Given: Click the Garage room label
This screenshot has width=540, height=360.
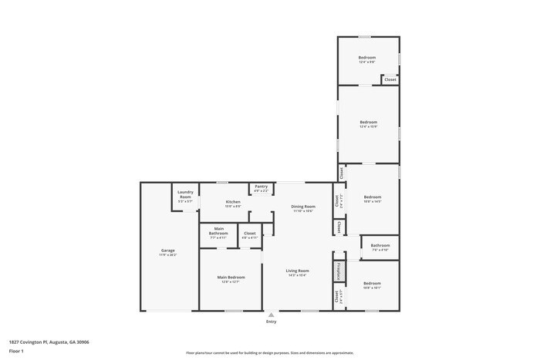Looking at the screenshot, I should [x=168, y=251].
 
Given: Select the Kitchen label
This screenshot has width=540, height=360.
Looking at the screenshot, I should [x=233, y=202].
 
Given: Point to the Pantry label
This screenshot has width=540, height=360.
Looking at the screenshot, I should [x=262, y=187].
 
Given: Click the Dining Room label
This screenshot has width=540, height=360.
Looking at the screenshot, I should [x=303, y=207].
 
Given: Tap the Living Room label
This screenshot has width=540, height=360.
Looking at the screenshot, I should [x=298, y=271].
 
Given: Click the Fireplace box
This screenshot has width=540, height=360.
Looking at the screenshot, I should [x=337, y=271].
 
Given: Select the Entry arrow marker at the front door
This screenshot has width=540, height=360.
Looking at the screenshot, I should [x=271, y=315].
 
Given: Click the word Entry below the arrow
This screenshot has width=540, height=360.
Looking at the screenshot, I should [x=271, y=321].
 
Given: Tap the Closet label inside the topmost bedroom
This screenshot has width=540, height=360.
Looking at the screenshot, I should [x=390, y=79].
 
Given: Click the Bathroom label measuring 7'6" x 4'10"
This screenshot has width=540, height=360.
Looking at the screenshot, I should [x=380, y=247].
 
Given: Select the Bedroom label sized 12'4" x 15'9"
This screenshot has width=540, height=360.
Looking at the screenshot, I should [x=369, y=123].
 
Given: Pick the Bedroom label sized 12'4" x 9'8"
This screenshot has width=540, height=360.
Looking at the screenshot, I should [x=367, y=59].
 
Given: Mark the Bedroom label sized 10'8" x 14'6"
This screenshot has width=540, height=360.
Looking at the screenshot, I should [x=373, y=197].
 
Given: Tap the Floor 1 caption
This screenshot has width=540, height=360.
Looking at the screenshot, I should [x=16, y=351].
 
